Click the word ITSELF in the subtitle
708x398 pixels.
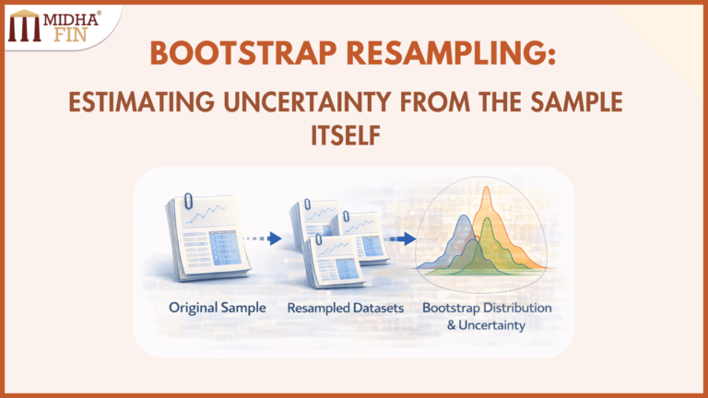(x=353, y=135)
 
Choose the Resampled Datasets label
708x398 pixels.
(x=346, y=307)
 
